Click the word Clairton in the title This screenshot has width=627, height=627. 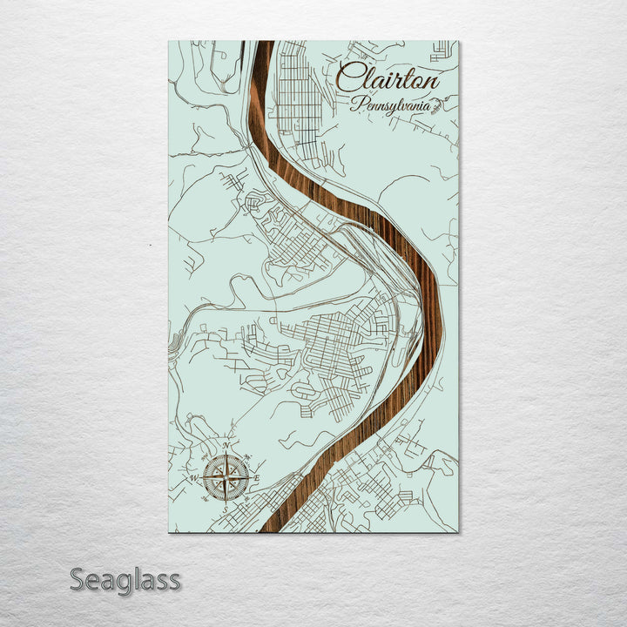click(x=388, y=79)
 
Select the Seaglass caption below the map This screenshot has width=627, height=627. click(x=125, y=579)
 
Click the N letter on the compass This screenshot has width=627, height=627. click(x=226, y=447)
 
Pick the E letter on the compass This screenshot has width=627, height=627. click(x=258, y=478)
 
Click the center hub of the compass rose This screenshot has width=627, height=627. click(x=226, y=478)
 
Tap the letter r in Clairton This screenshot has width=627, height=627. click(x=394, y=82)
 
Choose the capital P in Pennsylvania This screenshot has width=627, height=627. click(x=356, y=104)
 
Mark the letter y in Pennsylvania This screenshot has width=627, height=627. click(x=389, y=108)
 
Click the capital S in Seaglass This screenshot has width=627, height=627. click(x=78, y=579)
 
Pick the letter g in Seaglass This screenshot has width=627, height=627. click(x=122, y=583)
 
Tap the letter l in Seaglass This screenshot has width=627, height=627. click(x=134, y=578)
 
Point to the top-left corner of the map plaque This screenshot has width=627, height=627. click(x=169, y=41)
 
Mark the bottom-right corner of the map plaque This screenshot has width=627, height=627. click(x=458, y=531)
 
